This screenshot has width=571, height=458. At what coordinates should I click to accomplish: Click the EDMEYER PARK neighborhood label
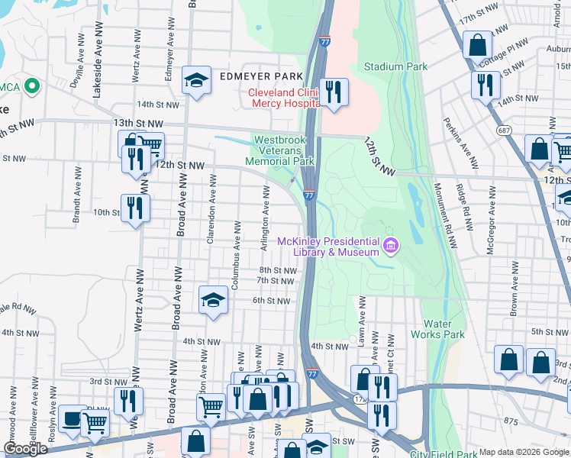click(x=261, y=77)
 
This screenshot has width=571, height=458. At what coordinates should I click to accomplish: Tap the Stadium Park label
click(x=395, y=66)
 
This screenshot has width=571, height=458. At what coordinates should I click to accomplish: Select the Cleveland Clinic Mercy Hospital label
click(x=282, y=98)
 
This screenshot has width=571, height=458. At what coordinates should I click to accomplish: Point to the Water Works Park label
click(x=437, y=328)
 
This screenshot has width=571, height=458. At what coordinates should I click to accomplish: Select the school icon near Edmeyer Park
click(x=197, y=80)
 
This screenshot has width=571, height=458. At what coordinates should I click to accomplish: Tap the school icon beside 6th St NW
click(x=214, y=300)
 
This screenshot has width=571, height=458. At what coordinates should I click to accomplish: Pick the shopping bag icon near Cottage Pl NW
click(x=477, y=45)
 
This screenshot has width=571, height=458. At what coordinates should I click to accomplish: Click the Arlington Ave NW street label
click(x=266, y=221)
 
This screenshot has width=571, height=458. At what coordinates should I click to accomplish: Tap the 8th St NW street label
click(x=277, y=270)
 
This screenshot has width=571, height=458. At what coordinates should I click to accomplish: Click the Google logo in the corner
click(x=25, y=449)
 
